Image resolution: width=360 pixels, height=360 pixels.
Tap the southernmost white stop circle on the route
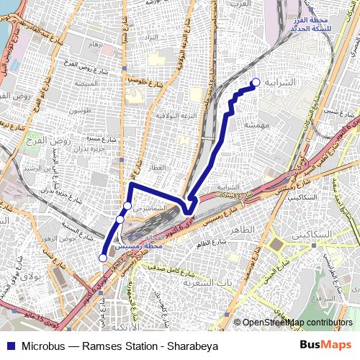click(x=103, y=257)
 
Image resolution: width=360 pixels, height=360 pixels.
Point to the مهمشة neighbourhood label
click(x=256, y=125)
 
